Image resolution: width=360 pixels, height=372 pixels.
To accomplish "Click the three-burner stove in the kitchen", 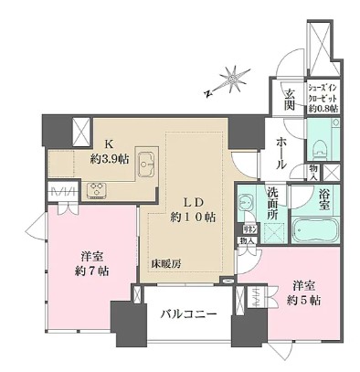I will pyautogui.click(x=96, y=190).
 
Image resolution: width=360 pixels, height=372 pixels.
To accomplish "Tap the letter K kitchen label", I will pyautogui.click(x=108, y=143).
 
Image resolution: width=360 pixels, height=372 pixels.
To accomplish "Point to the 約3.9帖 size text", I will pyautogui.click(x=110, y=157).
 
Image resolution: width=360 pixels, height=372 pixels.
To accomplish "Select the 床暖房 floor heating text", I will pyautogui.click(x=166, y=264).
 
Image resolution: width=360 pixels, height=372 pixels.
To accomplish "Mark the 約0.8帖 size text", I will pyautogui.click(x=322, y=108).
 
